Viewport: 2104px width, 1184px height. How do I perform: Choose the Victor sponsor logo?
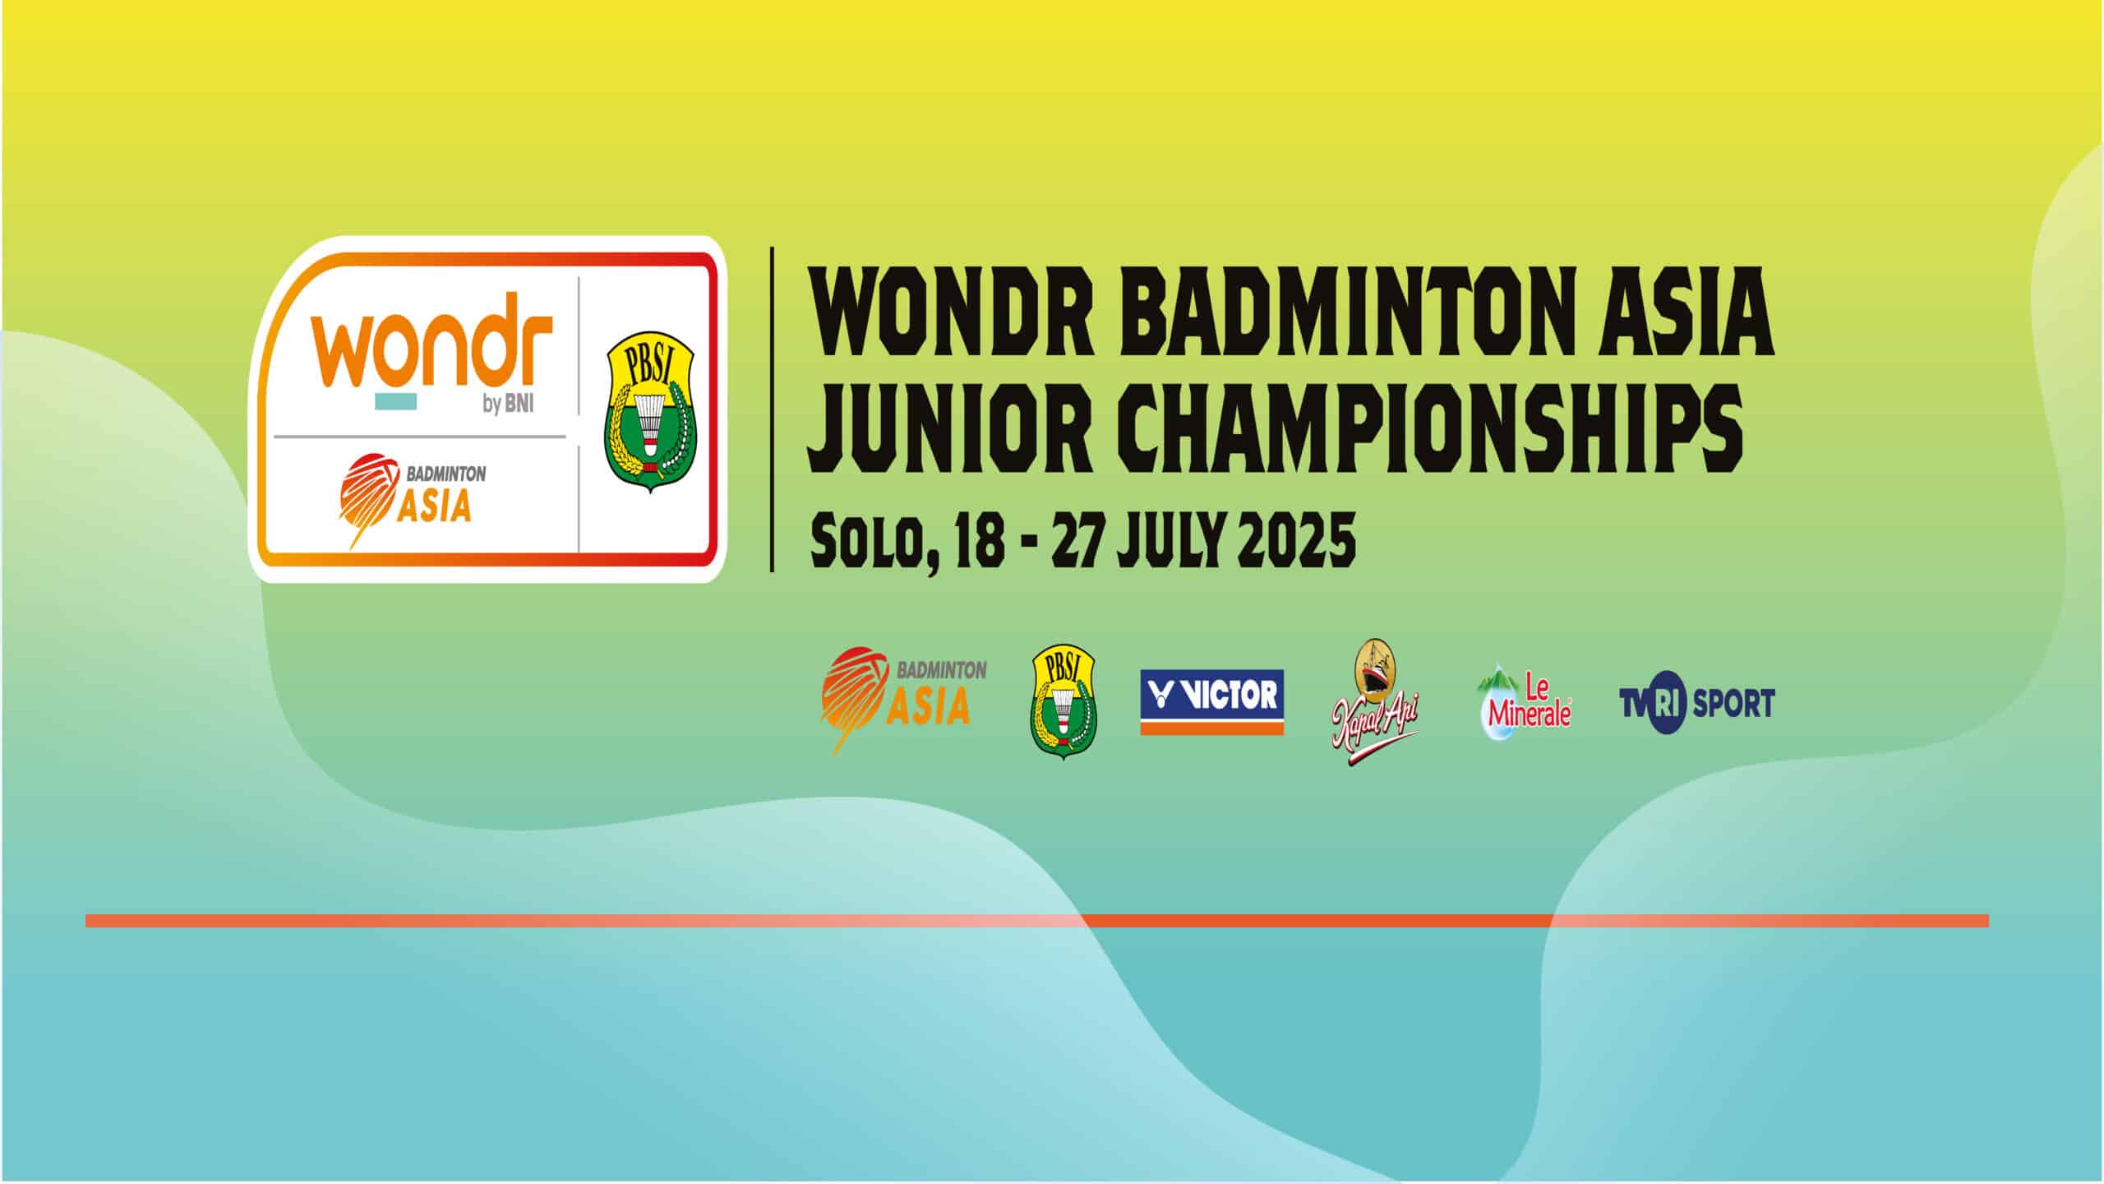pos(1212,702)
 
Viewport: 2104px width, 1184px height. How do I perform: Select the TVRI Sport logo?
pos(1696,703)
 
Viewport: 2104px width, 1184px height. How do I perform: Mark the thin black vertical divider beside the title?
pos(772,408)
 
